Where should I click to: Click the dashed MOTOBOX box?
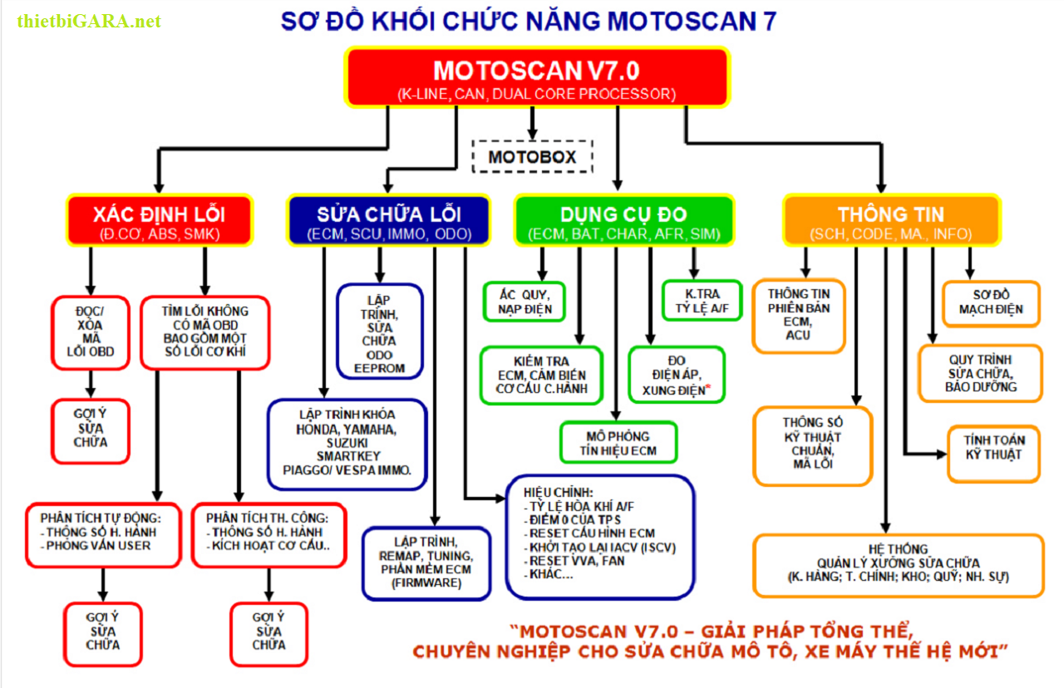pos(532,156)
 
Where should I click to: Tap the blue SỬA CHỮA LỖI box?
pos(387,220)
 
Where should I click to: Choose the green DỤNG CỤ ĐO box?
pos(624,220)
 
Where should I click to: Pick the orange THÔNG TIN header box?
pos(891,220)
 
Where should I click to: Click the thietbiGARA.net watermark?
pos(89,21)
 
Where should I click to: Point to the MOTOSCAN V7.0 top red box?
pos(537,77)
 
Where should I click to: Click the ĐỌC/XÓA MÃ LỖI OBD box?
pos(90,332)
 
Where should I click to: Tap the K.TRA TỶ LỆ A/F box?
pos(702,301)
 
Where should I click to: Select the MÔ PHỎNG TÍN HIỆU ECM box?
pos(618,443)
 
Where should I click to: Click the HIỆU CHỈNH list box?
pos(599,536)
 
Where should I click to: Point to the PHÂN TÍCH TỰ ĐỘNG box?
pos(103,534)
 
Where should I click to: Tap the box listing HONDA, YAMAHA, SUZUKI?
pos(347,444)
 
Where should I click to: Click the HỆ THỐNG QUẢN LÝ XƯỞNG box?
pos(898,564)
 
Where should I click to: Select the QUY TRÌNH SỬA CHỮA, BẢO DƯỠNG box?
pos(980,373)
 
